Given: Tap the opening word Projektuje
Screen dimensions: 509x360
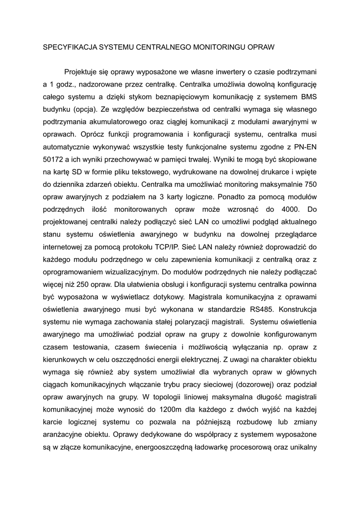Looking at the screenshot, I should click(x=83, y=72).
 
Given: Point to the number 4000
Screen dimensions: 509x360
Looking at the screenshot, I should click(x=285, y=209).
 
